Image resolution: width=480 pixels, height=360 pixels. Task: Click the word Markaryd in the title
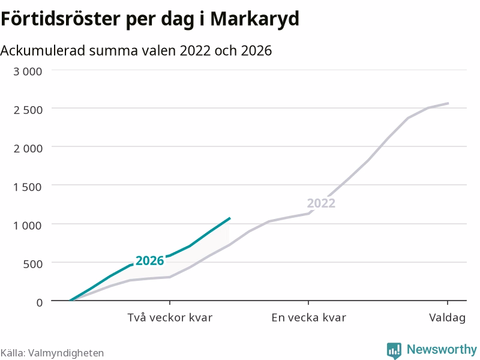click(254, 19)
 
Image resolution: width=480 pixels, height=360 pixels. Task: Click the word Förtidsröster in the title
click(61, 19)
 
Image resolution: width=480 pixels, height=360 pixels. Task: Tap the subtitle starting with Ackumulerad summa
click(136, 50)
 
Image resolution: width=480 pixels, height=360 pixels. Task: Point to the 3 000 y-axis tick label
click(28, 71)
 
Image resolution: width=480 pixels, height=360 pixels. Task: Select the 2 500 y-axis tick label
click(28, 110)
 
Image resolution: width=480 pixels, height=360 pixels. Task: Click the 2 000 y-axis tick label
click(28, 148)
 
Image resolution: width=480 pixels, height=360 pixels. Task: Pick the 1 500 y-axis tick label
click(27, 187)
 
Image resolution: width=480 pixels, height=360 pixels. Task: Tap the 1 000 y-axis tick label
click(27, 226)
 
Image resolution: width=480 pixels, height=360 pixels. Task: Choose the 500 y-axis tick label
click(33, 264)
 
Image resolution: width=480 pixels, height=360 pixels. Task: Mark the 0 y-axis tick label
click(40, 303)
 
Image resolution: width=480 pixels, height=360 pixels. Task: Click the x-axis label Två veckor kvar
click(170, 317)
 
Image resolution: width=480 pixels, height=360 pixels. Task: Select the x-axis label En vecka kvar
click(308, 317)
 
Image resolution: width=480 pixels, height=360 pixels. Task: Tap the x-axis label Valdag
click(447, 318)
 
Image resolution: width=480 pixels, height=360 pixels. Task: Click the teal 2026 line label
click(149, 261)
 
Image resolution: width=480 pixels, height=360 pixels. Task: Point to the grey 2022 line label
click(321, 203)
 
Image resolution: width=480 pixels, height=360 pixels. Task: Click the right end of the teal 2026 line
click(230, 218)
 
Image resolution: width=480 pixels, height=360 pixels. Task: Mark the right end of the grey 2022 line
click(448, 103)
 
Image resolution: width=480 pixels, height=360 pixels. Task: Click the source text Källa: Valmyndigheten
click(52, 353)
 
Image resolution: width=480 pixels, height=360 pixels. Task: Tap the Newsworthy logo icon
click(394, 350)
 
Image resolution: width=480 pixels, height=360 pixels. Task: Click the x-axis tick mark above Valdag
click(448, 303)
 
